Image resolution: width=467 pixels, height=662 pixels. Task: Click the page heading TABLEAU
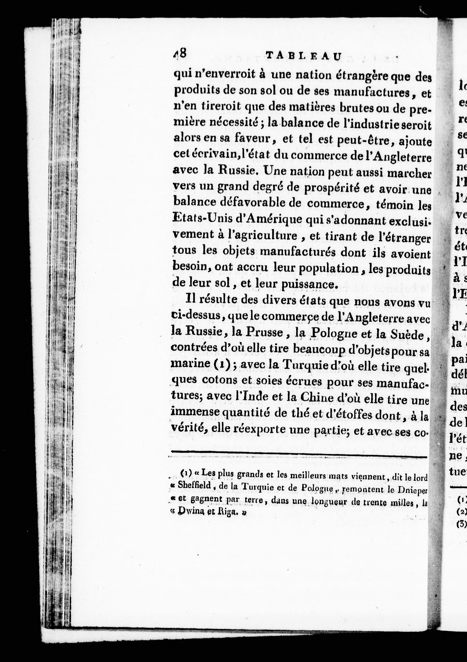click(303, 56)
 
